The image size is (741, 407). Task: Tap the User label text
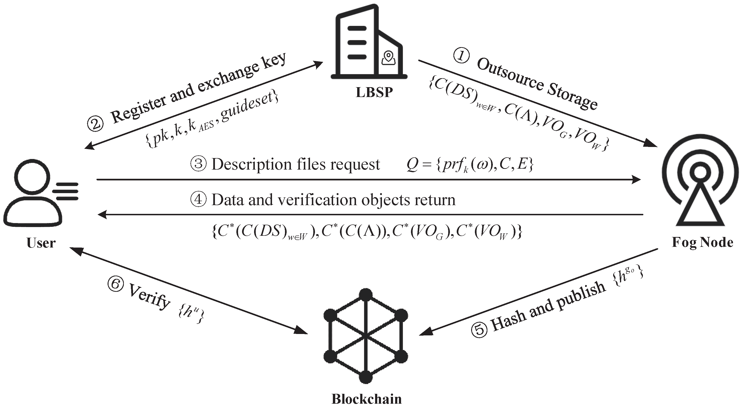[41, 243]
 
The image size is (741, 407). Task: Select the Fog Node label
[702, 242]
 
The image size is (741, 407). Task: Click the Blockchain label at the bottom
[366, 399]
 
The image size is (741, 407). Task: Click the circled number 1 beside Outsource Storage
[461, 55]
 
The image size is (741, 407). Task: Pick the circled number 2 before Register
[95, 124]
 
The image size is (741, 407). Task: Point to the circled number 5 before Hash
[479, 330]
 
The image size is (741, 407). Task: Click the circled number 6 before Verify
[116, 284]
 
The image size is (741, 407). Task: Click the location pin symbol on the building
[388, 57]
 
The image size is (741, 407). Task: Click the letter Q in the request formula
[412, 165]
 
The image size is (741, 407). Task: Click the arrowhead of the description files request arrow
[636, 180]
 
